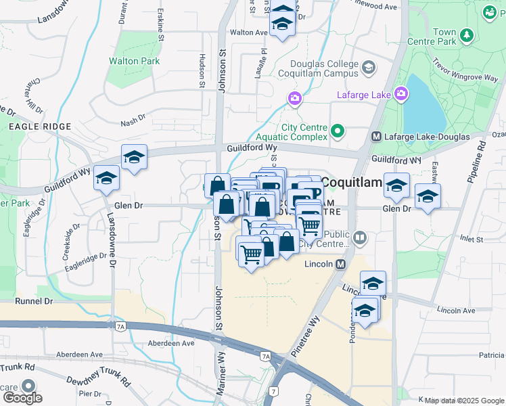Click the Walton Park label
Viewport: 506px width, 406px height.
[x=135, y=61]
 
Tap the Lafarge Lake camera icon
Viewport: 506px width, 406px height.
[x=401, y=93]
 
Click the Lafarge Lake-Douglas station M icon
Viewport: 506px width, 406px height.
[x=377, y=137]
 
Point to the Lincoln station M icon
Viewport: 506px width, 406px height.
[x=340, y=263]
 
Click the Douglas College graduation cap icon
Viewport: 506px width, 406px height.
[x=368, y=67]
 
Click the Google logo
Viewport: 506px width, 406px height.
[x=22, y=398]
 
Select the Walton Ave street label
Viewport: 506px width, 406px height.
[x=250, y=32]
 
